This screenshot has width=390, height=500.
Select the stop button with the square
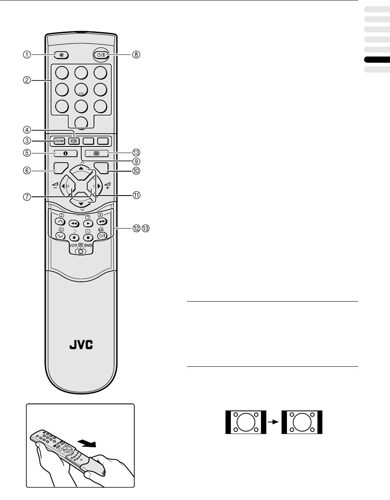[x=87, y=237]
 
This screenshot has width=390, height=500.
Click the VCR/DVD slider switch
[x=80, y=251]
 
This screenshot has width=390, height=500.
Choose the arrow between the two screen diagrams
[x=274, y=422]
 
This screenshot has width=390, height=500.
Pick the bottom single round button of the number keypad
[x=80, y=122]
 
